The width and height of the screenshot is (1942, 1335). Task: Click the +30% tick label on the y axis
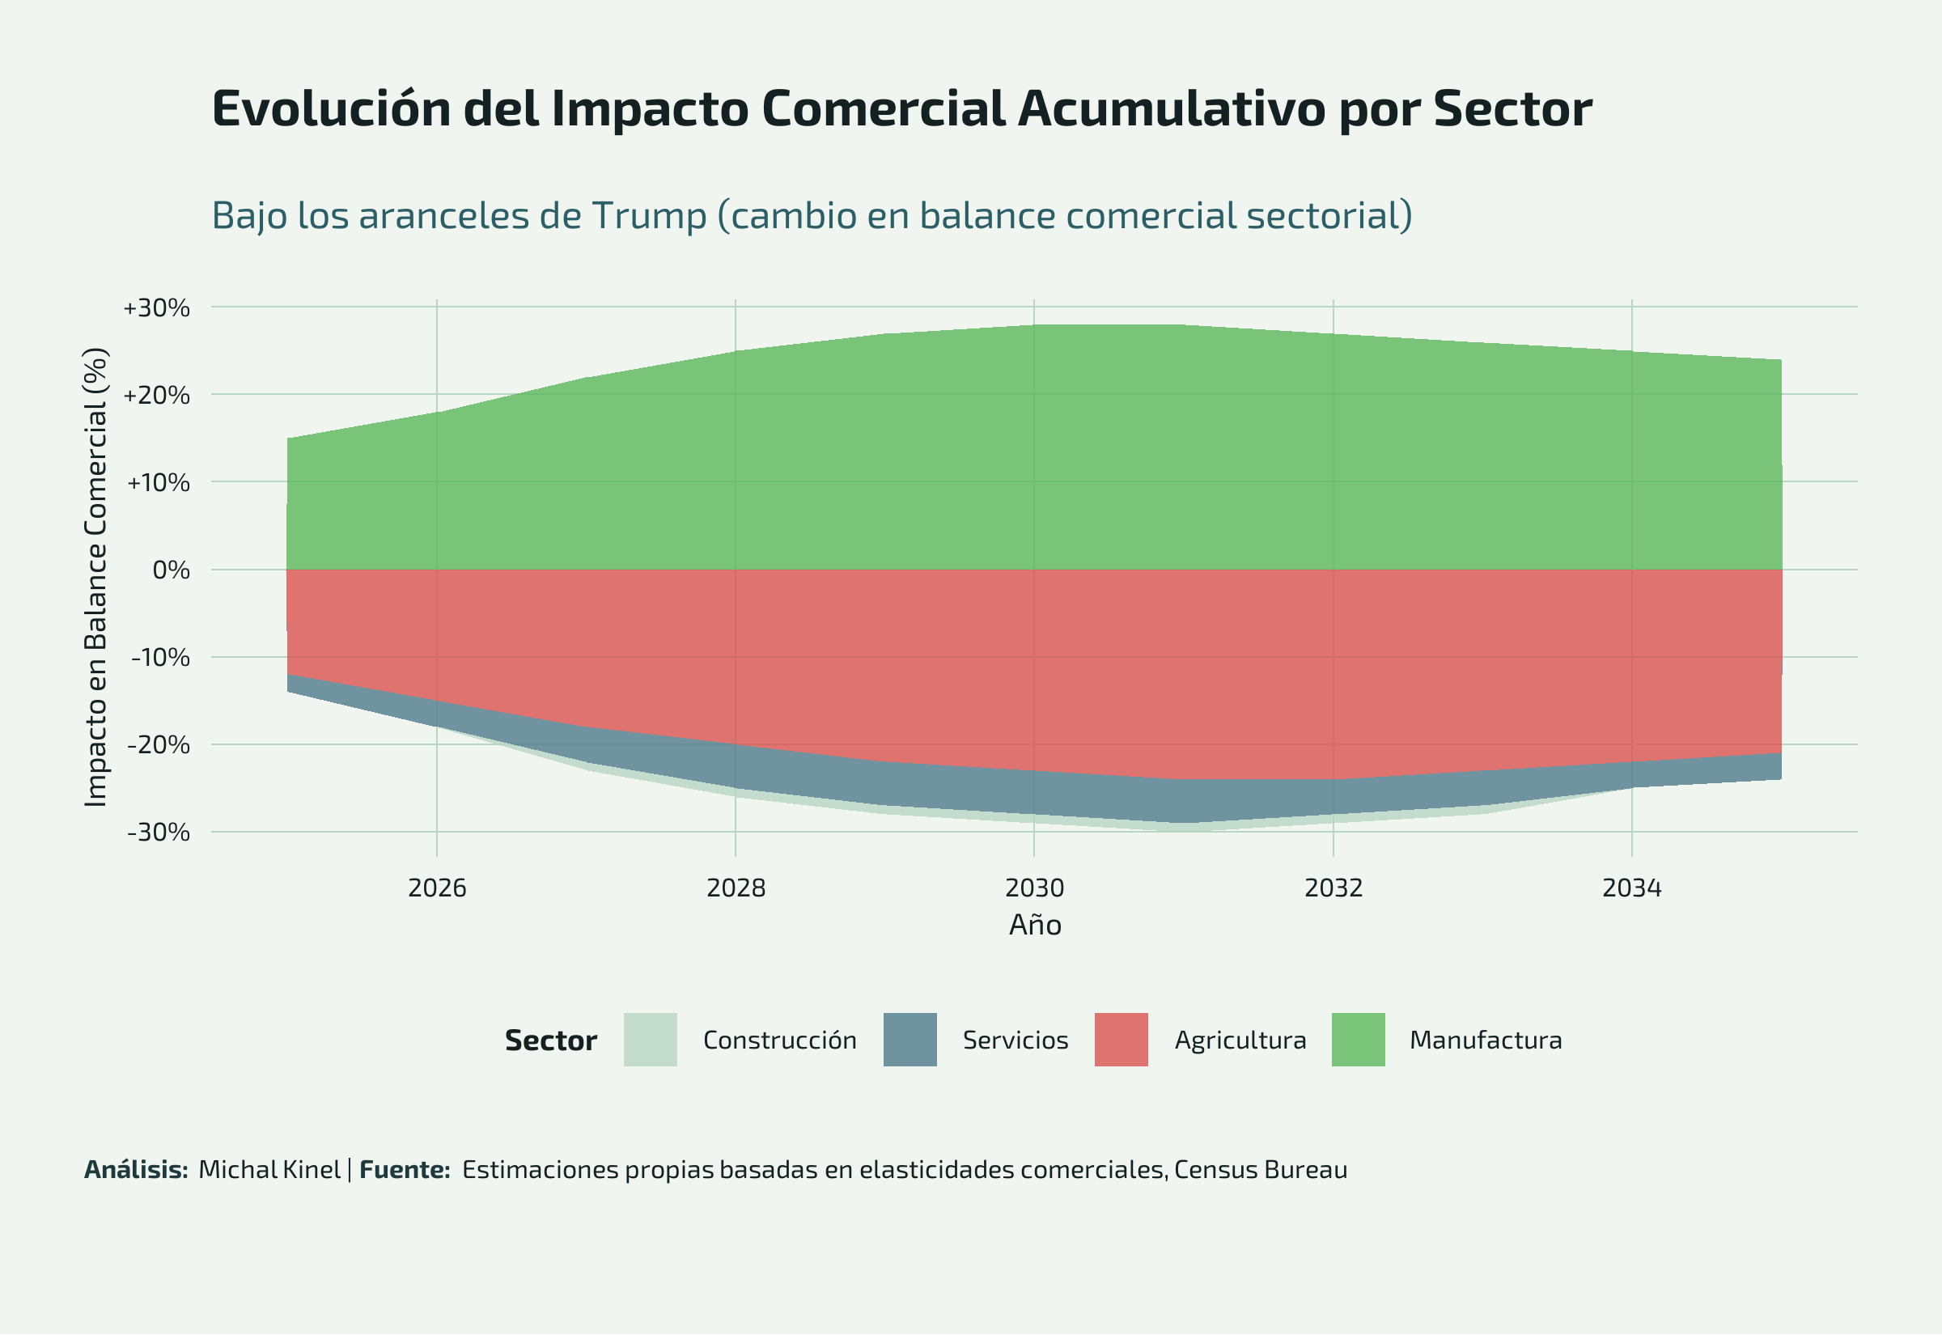pyautogui.click(x=156, y=307)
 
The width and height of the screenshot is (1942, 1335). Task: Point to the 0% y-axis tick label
pyautogui.click(x=171, y=570)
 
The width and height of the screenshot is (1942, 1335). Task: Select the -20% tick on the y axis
pyautogui.click(x=158, y=744)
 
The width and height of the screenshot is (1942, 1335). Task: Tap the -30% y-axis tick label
pyautogui.click(x=158, y=833)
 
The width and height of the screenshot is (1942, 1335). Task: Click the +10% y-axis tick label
pyautogui.click(x=158, y=483)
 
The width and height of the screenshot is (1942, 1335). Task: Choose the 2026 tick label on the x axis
pyautogui.click(x=437, y=888)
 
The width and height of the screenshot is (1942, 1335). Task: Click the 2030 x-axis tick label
pyautogui.click(x=1035, y=888)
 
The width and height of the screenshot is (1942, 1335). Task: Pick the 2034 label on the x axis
pyautogui.click(x=1632, y=888)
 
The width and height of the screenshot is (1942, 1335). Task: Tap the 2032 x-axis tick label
pyautogui.click(x=1334, y=888)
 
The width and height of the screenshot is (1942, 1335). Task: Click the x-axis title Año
pyautogui.click(x=1035, y=925)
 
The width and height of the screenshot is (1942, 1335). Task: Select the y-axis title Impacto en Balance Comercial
pyautogui.click(x=96, y=577)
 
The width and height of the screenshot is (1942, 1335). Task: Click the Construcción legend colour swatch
pyautogui.click(x=650, y=1040)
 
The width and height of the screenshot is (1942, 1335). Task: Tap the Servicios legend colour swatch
pyautogui.click(x=910, y=1040)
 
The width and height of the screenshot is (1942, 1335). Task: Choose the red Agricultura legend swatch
pyautogui.click(x=1121, y=1040)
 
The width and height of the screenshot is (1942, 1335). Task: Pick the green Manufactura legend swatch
pyautogui.click(x=1359, y=1040)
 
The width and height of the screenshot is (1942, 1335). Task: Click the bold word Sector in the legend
pyautogui.click(x=550, y=1040)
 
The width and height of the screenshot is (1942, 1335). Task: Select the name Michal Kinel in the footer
pyautogui.click(x=269, y=1169)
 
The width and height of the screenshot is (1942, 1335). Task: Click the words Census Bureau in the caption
pyautogui.click(x=1261, y=1169)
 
